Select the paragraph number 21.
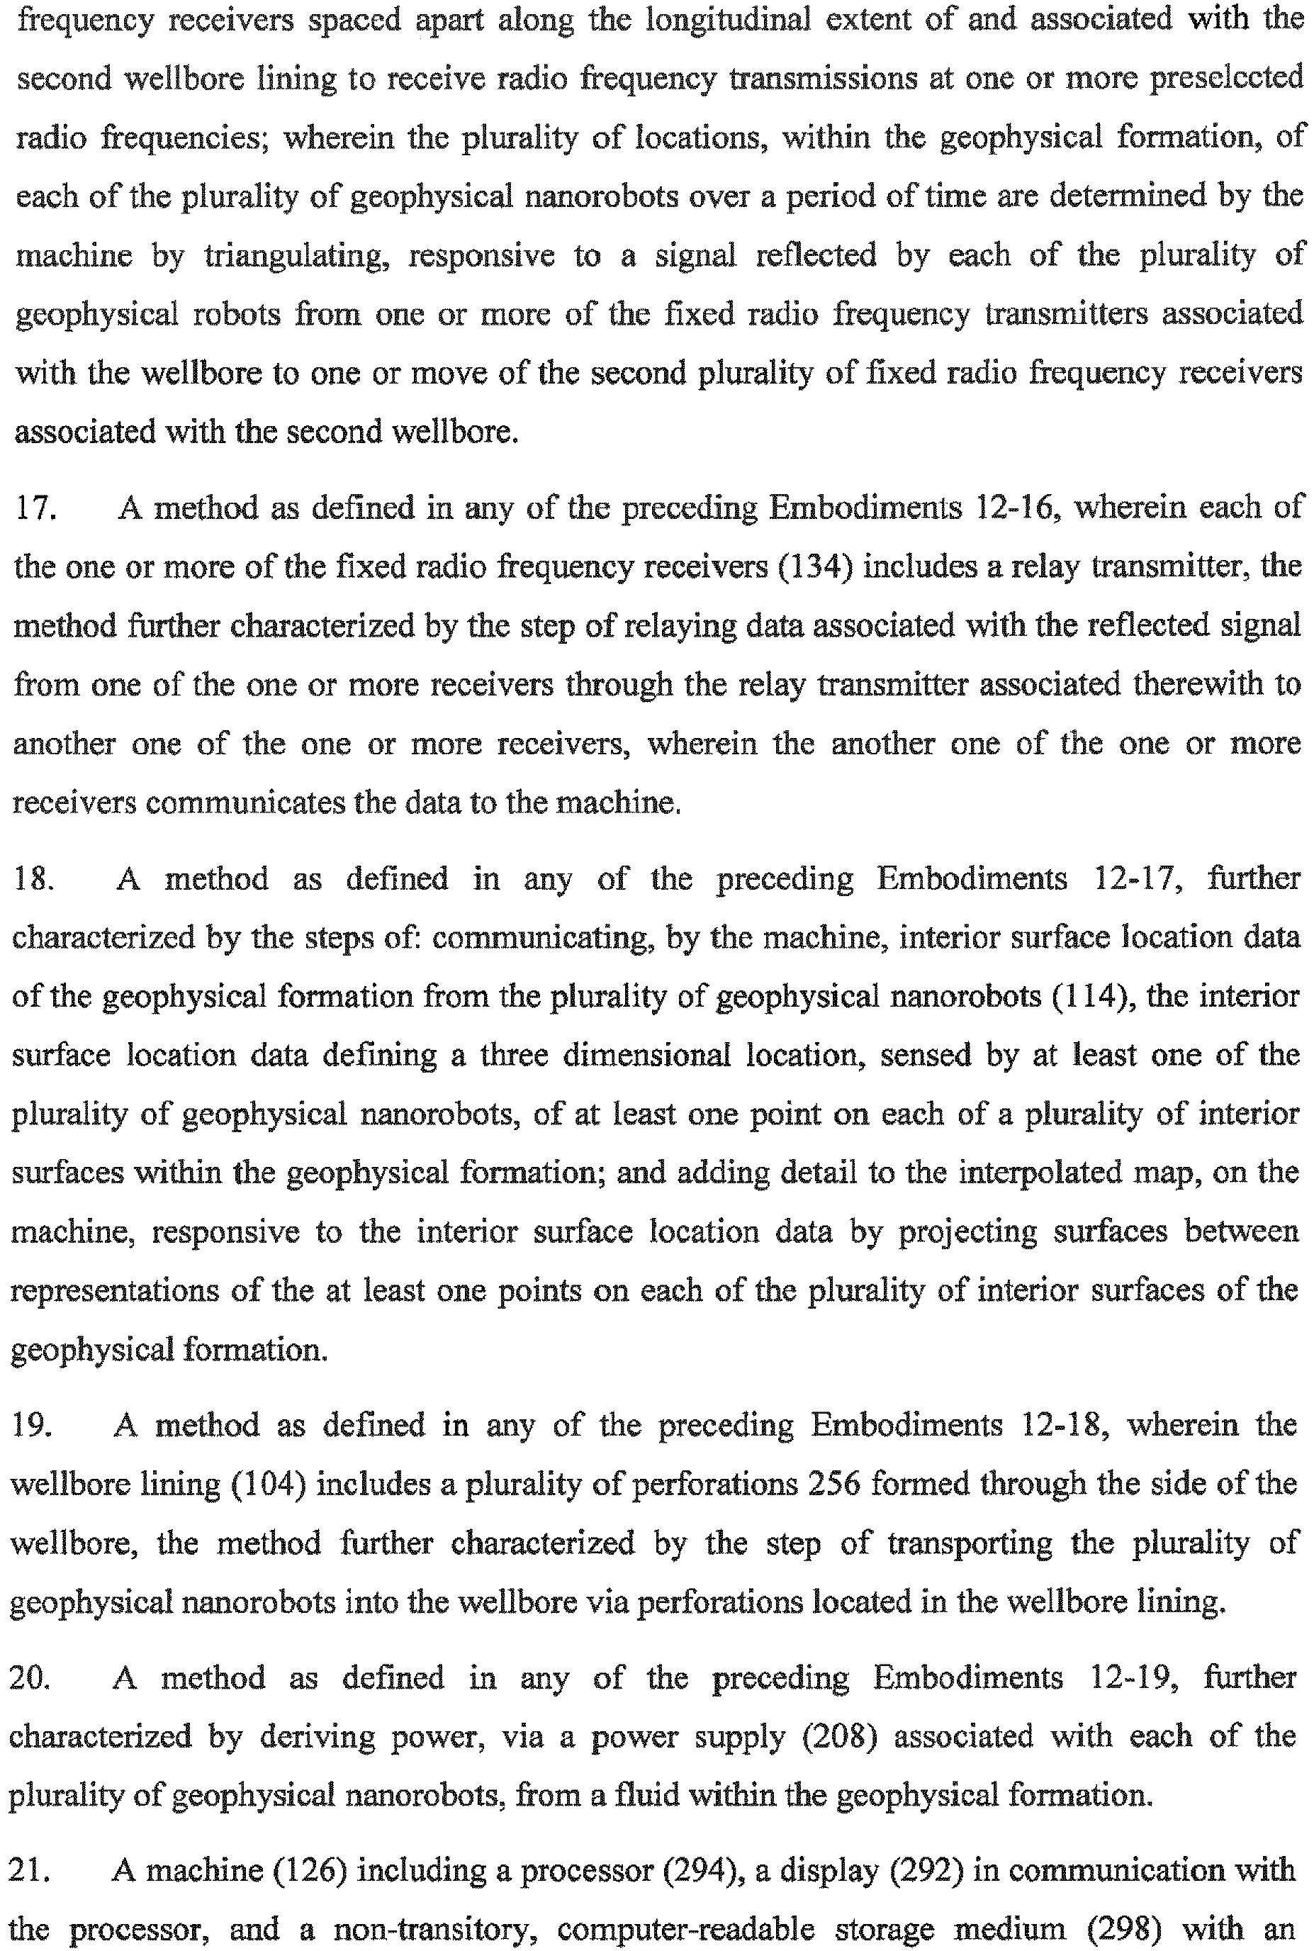click(x=30, y=1869)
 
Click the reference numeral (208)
click(x=840, y=1735)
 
